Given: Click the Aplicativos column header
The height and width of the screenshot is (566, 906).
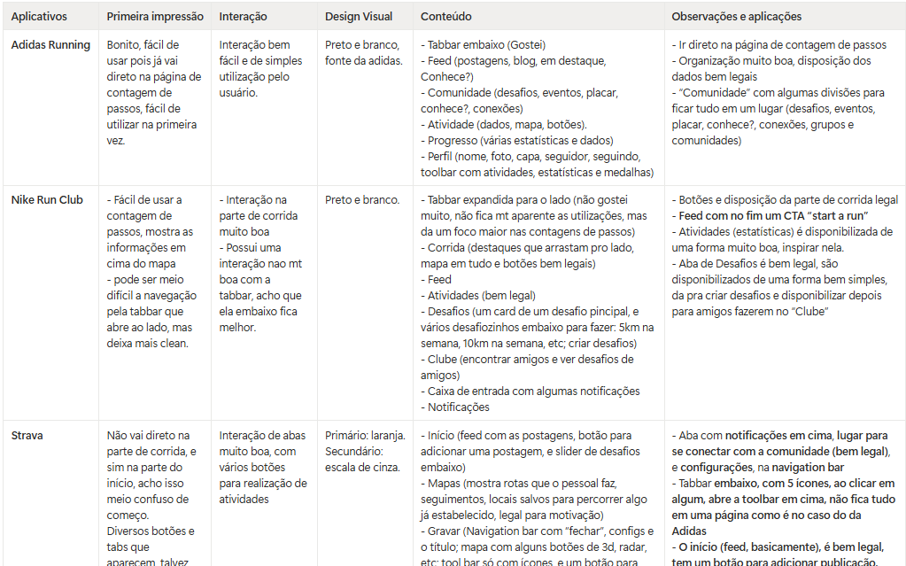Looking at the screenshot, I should pyautogui.click(x=38, y=17).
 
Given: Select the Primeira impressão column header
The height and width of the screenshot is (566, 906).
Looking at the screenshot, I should pyautogui.click(x=155, y=17).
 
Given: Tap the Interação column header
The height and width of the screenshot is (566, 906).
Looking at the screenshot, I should pyautogui.click(x=244, y=17).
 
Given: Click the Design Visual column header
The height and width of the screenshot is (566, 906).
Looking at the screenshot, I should pyautogui.click(x=359, y=17).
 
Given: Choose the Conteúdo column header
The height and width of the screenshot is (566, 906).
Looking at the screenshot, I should pyautogui.click(x=445, y=17).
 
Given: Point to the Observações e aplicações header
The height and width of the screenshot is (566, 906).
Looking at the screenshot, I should pyautogui.click(x=737, y=17).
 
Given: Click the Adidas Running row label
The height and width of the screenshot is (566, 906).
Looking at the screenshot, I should pyautogui.click(x=50, y=45).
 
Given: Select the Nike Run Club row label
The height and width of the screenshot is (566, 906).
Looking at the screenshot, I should pyautogui.click(x=47, y=200).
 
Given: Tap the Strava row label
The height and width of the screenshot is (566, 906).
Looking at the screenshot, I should pyautogui.click(x=27, y=436).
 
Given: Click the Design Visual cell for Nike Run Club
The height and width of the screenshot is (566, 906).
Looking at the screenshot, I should pyautogui.click(x=362, y=200).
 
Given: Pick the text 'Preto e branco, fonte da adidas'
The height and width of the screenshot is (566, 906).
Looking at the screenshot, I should pyautogui.click(x=363, y=53).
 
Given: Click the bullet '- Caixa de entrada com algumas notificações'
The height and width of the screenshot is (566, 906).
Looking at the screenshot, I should pyautogui.click(x=530, y=392).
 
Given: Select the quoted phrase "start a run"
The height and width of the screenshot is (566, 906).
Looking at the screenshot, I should pyautogui.click(x=840, y=216).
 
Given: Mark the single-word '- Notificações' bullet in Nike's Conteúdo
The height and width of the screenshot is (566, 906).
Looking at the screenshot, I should pyautogui.click(x=454, y=407).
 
